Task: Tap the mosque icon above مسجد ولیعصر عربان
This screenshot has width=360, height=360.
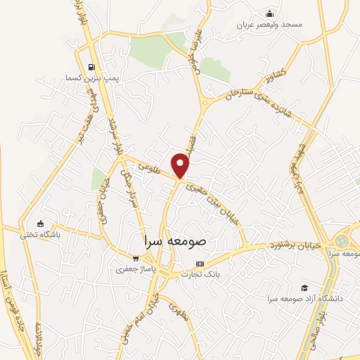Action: [x=269, y=13]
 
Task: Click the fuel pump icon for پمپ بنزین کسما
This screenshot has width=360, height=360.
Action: [x=91, y=67]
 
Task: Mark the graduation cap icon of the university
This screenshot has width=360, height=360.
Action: [x=304, y=288]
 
